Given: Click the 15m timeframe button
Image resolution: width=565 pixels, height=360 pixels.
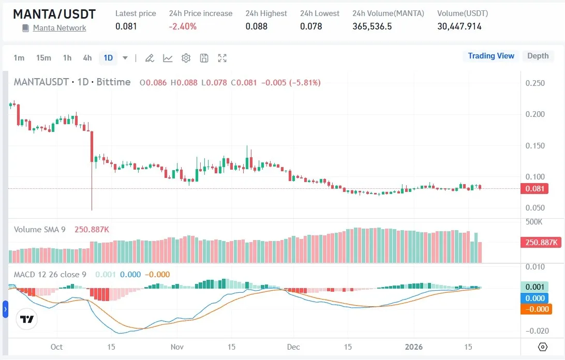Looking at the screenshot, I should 43,58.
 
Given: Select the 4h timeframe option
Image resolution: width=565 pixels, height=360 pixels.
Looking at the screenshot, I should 87,58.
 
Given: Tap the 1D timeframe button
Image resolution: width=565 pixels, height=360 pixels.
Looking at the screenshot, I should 108,58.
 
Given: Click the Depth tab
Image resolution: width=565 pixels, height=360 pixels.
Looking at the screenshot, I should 538,56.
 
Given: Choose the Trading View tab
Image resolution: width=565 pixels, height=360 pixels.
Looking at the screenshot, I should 491,56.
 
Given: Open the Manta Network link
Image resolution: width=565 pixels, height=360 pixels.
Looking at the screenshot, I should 60,28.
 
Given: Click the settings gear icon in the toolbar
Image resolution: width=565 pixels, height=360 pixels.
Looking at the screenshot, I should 186,58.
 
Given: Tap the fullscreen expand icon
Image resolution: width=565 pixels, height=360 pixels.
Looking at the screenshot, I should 222,58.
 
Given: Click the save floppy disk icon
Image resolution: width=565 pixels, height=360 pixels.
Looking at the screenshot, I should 204,58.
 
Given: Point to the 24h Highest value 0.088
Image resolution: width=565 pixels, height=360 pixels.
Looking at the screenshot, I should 257,26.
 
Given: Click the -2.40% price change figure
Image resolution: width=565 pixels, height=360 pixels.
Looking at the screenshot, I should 183,26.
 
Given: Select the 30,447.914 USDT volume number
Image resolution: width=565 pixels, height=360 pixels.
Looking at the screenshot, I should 459,26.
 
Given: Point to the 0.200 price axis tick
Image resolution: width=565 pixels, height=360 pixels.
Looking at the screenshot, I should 534,114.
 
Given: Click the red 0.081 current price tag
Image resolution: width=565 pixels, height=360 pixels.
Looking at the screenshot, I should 534,189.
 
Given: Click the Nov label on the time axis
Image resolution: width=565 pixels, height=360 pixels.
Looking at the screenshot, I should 177,347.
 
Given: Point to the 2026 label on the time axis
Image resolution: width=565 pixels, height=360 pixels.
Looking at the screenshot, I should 413,347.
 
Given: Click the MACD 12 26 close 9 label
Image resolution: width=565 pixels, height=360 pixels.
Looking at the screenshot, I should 50,274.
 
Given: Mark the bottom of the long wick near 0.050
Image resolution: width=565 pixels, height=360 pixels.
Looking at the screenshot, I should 92,209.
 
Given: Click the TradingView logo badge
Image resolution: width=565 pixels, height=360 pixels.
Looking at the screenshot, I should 27,319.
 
